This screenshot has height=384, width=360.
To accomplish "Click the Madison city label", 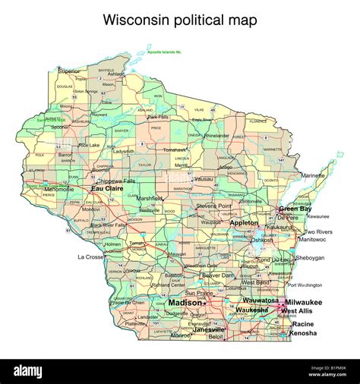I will pyautogui.click(x=185, y=303).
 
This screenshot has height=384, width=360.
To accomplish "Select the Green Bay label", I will pyautogui.click(x=294, y=209).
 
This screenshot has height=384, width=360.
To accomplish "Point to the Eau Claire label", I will pyautogui.click(x=107, y=189).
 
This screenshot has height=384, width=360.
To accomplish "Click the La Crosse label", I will pyautogui.click(x=90, y=257).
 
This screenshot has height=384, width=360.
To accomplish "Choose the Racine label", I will pyautogui.click(x=304, y=324).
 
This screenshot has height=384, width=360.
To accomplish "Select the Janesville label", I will pyautogui.click(x=209, y=330).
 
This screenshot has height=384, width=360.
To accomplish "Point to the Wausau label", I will pyautogui.click(x=203, y=178).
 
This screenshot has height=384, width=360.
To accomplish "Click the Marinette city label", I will pyautogui.click(x=313, y=175).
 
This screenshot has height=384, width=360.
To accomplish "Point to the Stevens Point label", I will pyautogui.click(x=213, y=206).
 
